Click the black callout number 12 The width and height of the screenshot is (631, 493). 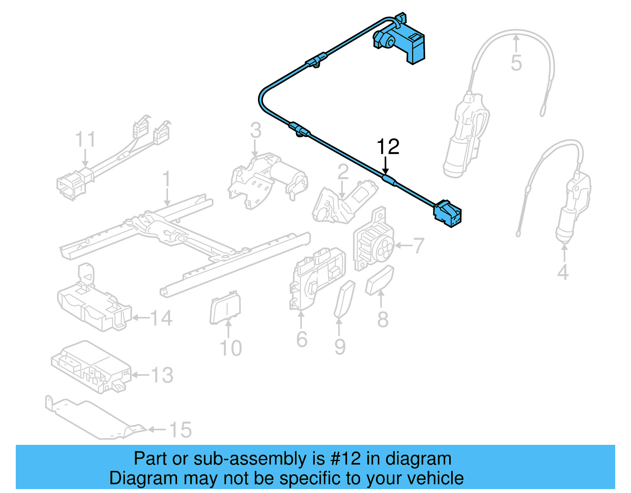[x=388, y=147]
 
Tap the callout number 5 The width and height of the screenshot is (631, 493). [x=516, y=63]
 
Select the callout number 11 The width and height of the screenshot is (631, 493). [x=86, y=140]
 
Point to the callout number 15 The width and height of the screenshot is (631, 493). [x=180, y=430]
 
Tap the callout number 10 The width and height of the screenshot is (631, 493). [x=230, y=348]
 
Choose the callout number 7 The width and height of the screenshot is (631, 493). [x=418, y=246]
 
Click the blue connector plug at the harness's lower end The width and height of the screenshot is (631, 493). [x=448, y=214]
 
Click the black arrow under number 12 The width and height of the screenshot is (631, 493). [x=386, y=166]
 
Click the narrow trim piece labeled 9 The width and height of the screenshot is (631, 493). [x=344, y=299]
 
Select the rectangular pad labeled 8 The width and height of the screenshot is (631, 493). [x=380, y=279]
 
